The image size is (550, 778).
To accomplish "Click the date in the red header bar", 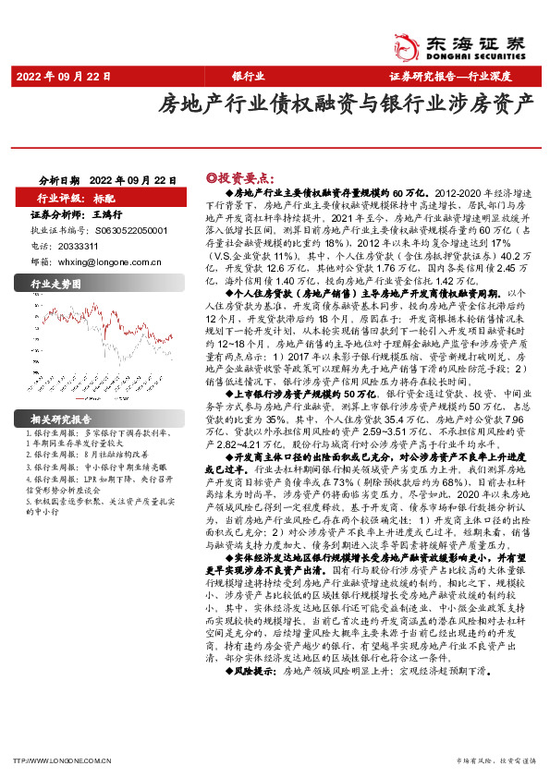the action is coord(56,76).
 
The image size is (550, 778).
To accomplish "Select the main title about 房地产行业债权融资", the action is coord(346,102).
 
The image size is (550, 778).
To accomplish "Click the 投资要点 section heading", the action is coord(235,176).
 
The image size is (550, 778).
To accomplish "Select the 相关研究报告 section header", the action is coord(61,419).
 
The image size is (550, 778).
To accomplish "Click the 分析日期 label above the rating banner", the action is coord(60,180).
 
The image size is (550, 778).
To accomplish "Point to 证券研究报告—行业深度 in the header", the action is coord(461,76).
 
